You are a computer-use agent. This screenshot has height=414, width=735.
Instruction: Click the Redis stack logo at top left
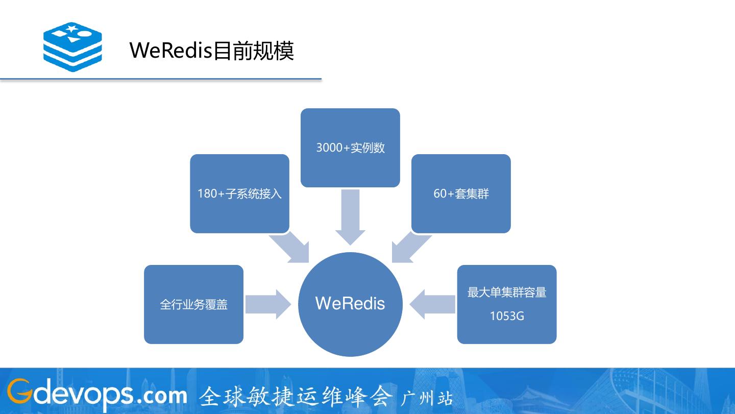pyautogui.click(x=72, y=46)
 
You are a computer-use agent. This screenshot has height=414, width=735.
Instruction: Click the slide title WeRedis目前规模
pyautogui.click(x=211, y=51)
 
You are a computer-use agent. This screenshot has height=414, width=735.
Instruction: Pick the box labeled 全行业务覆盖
pyautogui.click(x=193, y=304)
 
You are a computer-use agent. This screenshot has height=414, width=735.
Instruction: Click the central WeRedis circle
pyautogui.click(x=350, y=304)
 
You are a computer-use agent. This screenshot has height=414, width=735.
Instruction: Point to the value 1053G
pyautogui.click(x=507, y=316)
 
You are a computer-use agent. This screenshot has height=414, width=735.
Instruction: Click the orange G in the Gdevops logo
pyautogui.click(x=18, y=392)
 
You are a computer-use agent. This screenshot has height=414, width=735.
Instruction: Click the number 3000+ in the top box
pyautogui.click(x=333, y=148)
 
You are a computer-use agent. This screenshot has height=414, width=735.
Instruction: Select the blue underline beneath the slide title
pyautogui.click(x=160, y=79)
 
